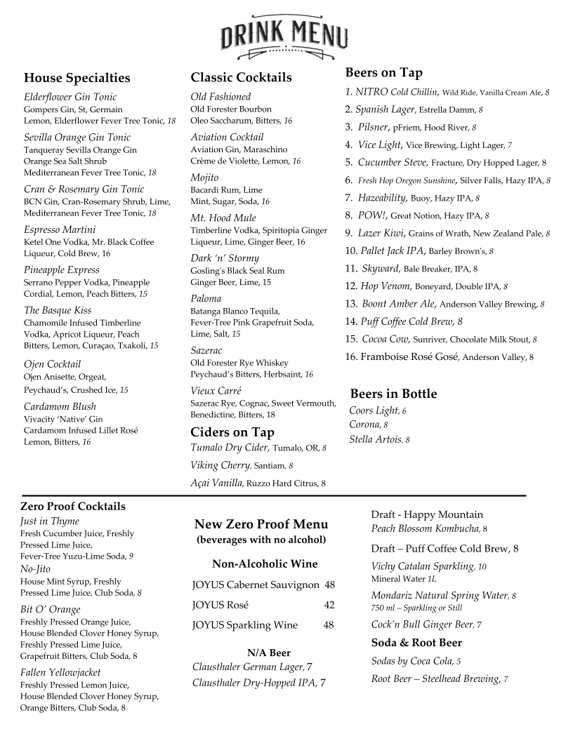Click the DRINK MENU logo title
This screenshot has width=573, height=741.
pyautogui.click(x=284, y=34)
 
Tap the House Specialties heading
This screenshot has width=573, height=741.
pyautogui.click(x=77, y=78)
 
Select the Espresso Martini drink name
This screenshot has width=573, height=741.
pyautogui.click(x=60, y=229)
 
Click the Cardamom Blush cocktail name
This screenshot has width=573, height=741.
pyautogui.click(x=60, y=406)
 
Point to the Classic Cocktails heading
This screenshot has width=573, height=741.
pyautogui.click(x=241, y=77)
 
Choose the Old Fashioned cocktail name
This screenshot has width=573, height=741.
pyautogui.click(x=220, y=96)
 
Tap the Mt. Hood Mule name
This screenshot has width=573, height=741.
pyautogui.click(x=223, y=218)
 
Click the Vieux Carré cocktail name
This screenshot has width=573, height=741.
pyautogui.click(x=216, y=391)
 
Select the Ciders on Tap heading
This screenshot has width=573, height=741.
pyautogui.click(x=232, y=432)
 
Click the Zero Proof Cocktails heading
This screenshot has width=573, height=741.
pyautogui.click(x=73, y=506)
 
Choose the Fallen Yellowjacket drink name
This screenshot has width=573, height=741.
pyautogui.click(x=60, y=672)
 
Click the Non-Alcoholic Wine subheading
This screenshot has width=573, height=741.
pyautogui.click(x=265, y=563)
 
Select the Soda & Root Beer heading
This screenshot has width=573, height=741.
pyautogui.click(x=416, y=643)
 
